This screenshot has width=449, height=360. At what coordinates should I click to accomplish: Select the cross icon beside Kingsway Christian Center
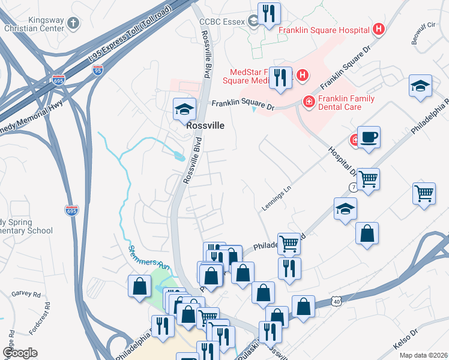point(73,23)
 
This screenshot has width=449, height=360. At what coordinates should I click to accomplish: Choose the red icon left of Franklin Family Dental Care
point(309,102)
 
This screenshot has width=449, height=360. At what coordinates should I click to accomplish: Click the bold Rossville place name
point(205,127)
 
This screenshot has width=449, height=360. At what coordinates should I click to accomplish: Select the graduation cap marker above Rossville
point(184,109)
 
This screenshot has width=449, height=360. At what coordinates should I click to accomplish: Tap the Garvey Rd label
point(26,295)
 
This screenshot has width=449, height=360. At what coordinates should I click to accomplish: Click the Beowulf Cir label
point(423,32)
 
